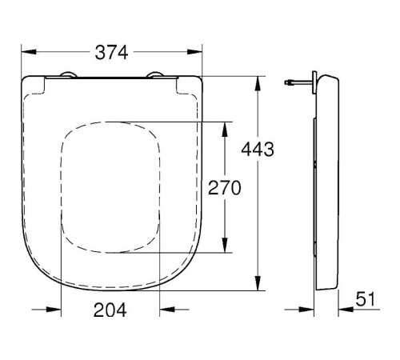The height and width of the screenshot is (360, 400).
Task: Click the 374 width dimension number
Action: tap(111, 52)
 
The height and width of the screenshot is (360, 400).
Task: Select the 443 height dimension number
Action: tap(258, 149)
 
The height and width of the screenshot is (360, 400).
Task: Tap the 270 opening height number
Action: tap(224, 188)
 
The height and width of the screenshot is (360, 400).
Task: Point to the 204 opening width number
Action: tap(110, 310)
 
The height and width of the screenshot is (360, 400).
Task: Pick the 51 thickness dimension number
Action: tap(366, 299)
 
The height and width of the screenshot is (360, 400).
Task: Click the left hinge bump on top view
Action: tap(68, 74)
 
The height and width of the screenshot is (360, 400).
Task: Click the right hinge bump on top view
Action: tap(155, 74)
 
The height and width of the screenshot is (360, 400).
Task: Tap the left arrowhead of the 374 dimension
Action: tap(29, 52)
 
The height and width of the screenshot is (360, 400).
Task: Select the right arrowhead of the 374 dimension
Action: tap(194, 52)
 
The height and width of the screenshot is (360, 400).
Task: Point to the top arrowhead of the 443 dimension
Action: tap(258, 84)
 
